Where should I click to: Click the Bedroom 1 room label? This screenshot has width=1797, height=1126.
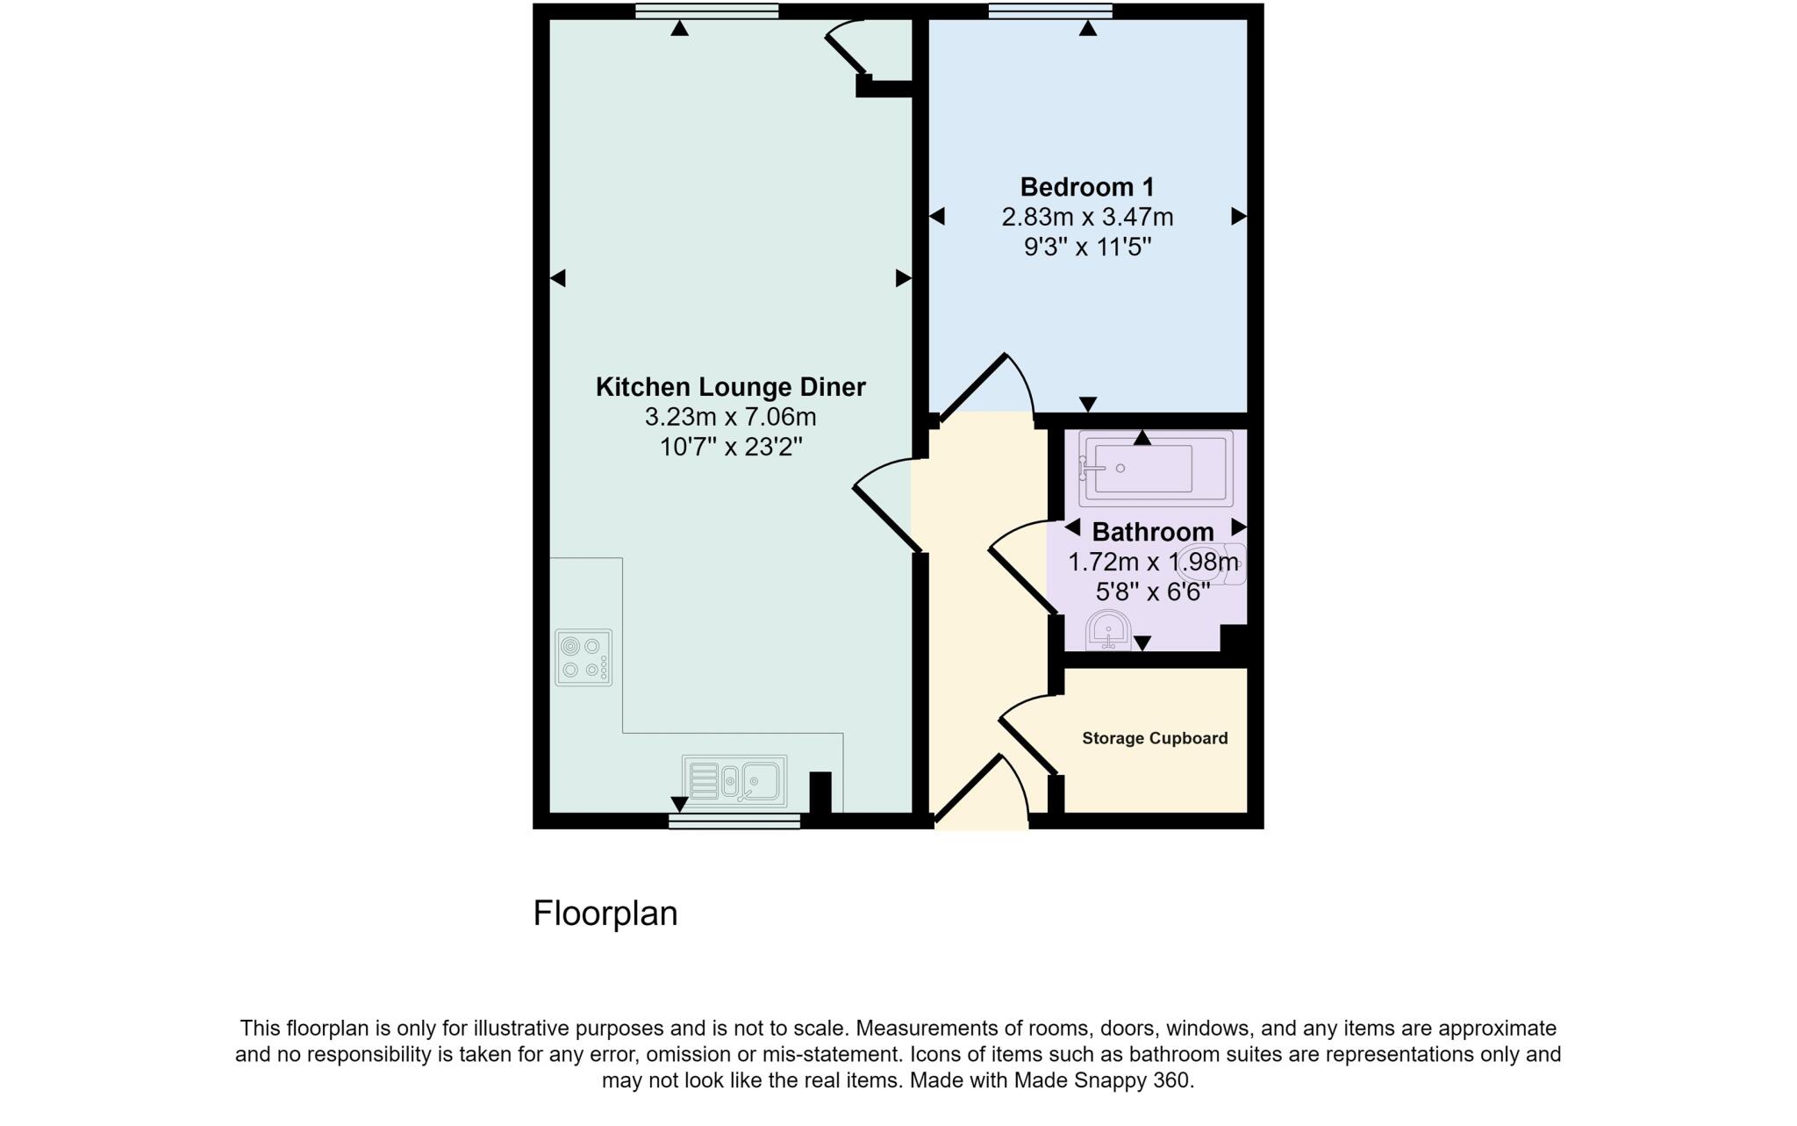point(1086,187)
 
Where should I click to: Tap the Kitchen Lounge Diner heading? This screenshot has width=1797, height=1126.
point(730,387)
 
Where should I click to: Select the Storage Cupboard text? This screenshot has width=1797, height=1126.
point(1154,738)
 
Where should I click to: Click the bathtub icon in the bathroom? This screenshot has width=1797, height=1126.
point(1155,469)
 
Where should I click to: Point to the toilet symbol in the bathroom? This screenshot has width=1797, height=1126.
point(1213,563)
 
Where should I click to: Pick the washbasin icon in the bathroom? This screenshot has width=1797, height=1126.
point(1108,629)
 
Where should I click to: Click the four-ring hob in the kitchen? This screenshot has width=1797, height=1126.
point(583,657)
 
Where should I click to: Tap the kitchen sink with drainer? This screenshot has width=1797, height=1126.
point(734,778)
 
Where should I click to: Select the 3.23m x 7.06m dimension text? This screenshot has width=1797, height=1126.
point(730,417)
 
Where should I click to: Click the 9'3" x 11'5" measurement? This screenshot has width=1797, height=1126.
point(1086,247)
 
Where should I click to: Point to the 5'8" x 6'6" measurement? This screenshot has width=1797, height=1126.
point(1152,592)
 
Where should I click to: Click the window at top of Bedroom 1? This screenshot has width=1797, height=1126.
point(1049,11)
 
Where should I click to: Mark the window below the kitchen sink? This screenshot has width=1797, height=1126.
point(734,821)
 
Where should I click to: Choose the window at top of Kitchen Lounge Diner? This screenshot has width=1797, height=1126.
point(706,11)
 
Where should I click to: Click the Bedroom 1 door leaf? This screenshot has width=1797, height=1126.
point(972,387)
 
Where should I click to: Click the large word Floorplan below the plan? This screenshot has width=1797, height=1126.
point(605,914)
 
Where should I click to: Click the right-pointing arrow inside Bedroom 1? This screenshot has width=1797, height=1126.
point(1238,216)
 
